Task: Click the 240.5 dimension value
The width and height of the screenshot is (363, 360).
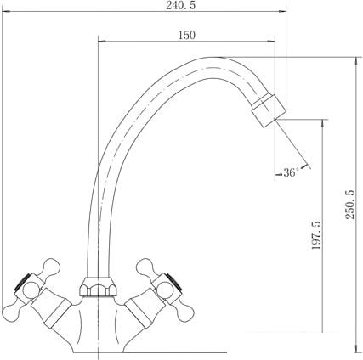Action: click(180, 5)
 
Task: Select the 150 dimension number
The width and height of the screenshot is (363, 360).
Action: click(187, 35)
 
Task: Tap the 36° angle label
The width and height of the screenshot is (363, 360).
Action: click(291, 172)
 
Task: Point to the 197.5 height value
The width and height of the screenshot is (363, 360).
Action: click(316, 235)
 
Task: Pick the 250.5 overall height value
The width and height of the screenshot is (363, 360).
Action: click(350, 205)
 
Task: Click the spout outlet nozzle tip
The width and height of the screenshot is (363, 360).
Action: click(269, 110)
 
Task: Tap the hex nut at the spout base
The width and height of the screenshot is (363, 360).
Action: click(98, 286)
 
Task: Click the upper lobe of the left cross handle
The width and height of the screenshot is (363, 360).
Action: click(52, 267)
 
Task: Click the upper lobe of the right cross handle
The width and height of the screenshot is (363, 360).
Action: click(145, 267)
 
